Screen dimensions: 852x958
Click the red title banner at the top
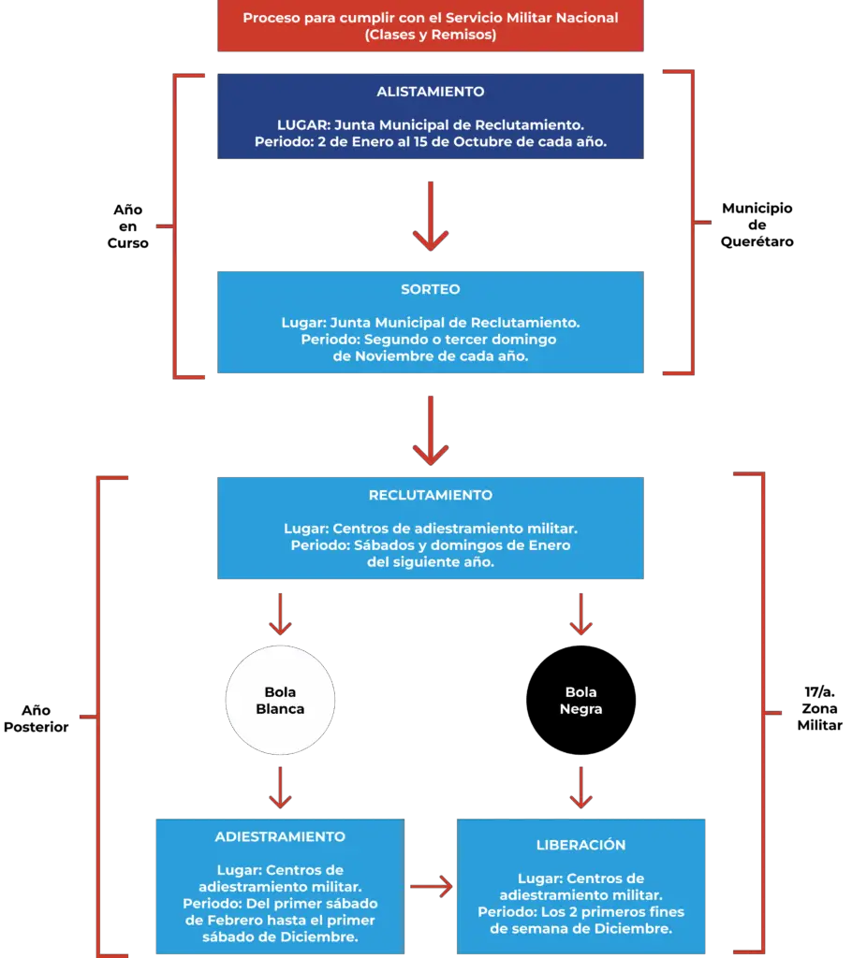430,25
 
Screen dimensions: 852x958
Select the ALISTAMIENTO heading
430,92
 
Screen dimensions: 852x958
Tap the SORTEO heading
430,290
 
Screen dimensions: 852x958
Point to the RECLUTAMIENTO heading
430,495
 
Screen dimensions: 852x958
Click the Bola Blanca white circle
280,700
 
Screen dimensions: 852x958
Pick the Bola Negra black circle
581,700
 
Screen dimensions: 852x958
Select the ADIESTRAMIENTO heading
280,837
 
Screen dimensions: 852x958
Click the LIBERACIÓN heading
581,845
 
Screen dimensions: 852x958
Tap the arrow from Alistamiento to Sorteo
431,216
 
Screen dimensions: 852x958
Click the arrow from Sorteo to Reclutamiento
431,430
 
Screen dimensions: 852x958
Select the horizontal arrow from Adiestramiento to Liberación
432,887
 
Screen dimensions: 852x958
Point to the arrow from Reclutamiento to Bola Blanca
280,614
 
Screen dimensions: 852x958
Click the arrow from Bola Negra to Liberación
581,788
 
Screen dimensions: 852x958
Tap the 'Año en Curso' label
128,226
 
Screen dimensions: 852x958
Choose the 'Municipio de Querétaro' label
757,225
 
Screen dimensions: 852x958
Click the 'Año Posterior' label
37,718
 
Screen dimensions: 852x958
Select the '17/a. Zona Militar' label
819,709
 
